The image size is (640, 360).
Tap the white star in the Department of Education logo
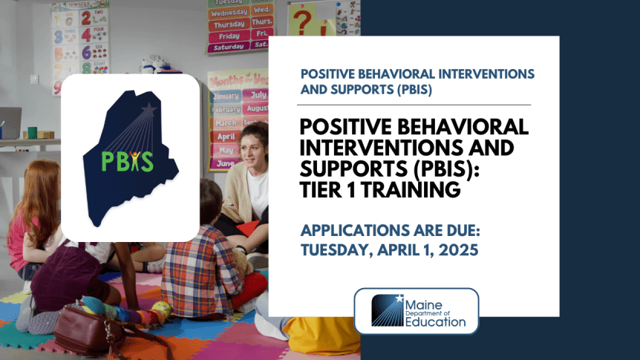[400, 299]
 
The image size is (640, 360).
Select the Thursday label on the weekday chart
[229, 24]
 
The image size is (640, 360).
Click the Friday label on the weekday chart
[229, 36]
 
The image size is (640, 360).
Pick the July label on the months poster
[258, 95]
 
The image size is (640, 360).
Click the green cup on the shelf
[32, 132]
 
